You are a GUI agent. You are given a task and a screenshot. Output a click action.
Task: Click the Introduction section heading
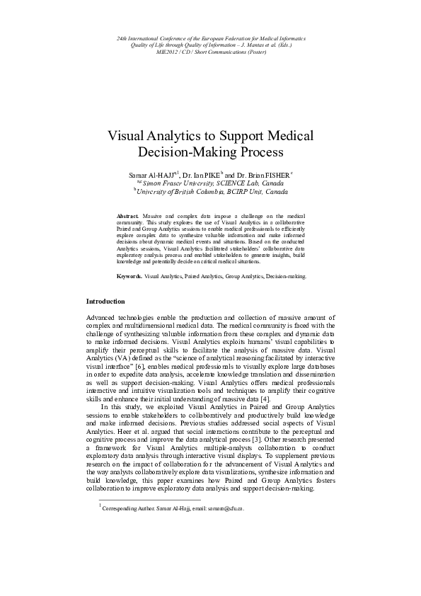[x=105, y=301]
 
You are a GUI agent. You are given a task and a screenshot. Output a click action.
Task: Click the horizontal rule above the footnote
[x=141, y=500]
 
